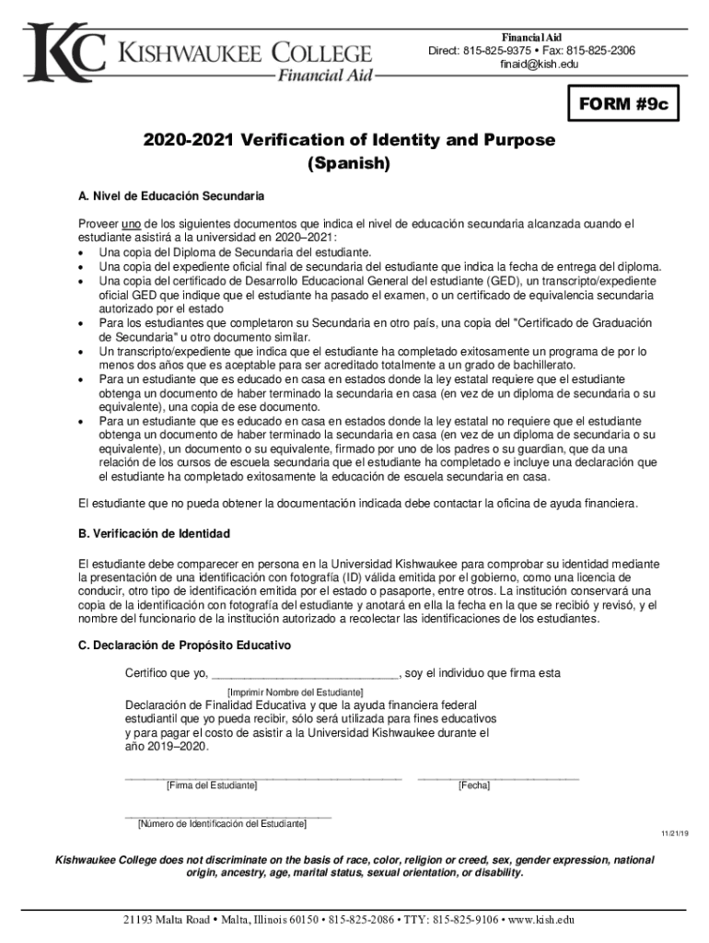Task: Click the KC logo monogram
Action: [65, 52]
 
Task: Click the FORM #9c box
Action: [625, 108]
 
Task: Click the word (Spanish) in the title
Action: [349, 165]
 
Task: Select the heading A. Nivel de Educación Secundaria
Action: [171, 196]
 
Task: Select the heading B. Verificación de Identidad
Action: [154, 534]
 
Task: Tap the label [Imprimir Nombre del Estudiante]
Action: [295, 692]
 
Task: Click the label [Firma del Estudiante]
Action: [211, 786]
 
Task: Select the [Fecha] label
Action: [473, 786]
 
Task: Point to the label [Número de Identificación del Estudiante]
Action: [222, 823]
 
